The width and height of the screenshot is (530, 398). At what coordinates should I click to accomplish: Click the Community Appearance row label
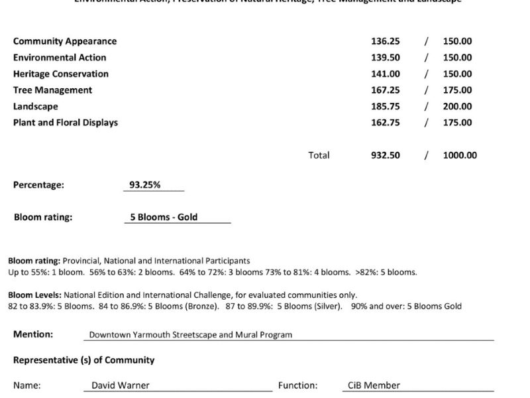click(65, 41)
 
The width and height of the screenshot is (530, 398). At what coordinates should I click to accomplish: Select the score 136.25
click(385, 41)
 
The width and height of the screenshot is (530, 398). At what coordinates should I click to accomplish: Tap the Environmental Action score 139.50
click(385, 58)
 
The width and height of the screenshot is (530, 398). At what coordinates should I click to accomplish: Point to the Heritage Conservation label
click(61, 74)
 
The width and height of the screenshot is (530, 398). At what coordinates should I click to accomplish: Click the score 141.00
click(385, 74)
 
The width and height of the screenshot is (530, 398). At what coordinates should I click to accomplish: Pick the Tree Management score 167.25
click(385, 90)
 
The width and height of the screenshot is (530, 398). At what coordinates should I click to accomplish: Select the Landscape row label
click(36, 106)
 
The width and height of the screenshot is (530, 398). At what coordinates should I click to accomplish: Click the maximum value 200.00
click(457, 106)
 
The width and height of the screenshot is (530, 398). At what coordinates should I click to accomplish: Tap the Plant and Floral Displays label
click(66, 122)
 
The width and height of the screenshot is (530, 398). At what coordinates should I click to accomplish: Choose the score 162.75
click(385, 122)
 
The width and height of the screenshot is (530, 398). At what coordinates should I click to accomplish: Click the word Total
click(319, 155)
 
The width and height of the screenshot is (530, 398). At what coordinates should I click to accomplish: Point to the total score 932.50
click(385, 155)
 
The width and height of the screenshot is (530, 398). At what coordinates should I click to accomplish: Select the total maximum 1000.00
click(460, 155)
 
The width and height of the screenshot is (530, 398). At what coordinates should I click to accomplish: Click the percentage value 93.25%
click(144, 185)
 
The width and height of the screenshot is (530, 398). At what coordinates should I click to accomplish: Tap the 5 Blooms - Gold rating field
click(164, 217)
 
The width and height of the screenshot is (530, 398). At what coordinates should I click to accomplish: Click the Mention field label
click(33, 334)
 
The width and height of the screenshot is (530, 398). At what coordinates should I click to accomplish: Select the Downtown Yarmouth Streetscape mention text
click(191, 335)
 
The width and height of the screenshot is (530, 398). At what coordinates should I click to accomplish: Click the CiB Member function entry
click(374, 385)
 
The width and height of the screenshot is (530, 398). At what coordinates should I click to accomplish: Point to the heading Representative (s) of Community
click(83, 360)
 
